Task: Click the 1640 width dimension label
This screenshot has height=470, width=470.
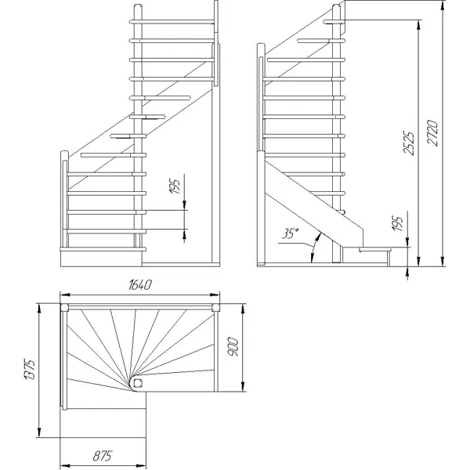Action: [140, 285]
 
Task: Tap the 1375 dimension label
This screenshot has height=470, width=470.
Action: [30, 369]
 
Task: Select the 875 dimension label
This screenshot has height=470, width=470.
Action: [102, 456]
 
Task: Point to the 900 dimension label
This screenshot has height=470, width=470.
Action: [233, 347]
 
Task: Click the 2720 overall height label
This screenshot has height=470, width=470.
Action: [432, 133]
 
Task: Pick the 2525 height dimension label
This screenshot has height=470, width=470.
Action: [409, 143]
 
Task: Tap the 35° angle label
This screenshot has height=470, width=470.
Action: [290, 233]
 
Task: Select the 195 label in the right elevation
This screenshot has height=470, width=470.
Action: [397, 223]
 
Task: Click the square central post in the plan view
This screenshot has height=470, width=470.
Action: [138, 383]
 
